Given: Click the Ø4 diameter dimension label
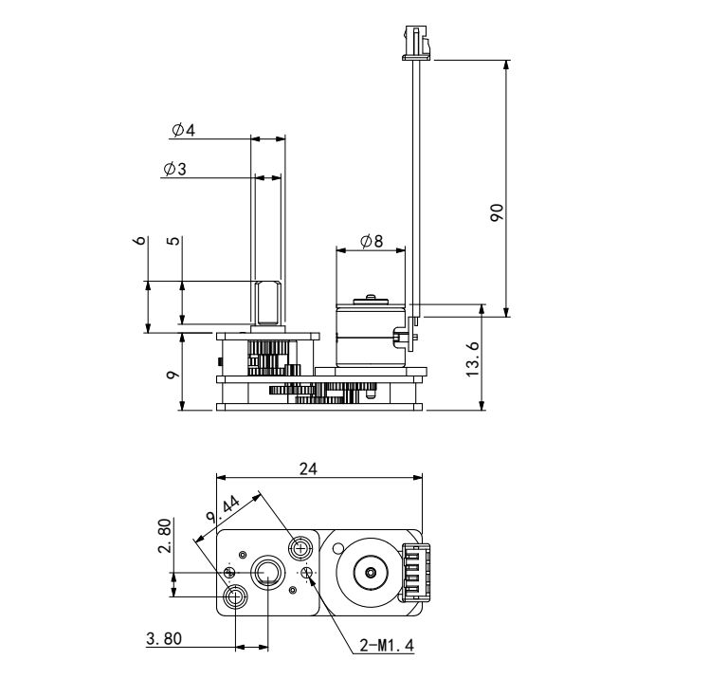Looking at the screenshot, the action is click(183, 130).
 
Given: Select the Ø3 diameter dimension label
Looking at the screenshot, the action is click(174, 169).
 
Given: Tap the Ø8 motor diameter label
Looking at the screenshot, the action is click(372, 241).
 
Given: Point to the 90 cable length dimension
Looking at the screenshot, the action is click(497, 212).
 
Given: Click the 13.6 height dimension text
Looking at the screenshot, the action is click(473, 359).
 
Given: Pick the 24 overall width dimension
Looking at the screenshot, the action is click(308, 469).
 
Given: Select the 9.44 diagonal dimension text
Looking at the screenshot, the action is click(223, 510).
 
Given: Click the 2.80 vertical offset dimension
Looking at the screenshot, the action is click(165, 536).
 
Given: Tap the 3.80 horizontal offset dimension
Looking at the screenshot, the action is click(164, 638).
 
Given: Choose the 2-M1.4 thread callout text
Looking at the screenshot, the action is click(387, 646).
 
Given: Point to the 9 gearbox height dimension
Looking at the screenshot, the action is click(173, 375).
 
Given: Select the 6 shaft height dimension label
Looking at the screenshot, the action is click(140, 240).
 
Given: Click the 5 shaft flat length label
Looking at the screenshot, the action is click(173, 241).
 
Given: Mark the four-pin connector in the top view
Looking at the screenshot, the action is click(414, 572).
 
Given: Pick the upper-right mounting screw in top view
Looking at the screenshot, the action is click(300, 549).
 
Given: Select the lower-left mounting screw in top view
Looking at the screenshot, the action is click(236, 596).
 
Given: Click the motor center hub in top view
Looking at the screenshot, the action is click(371, 573).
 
